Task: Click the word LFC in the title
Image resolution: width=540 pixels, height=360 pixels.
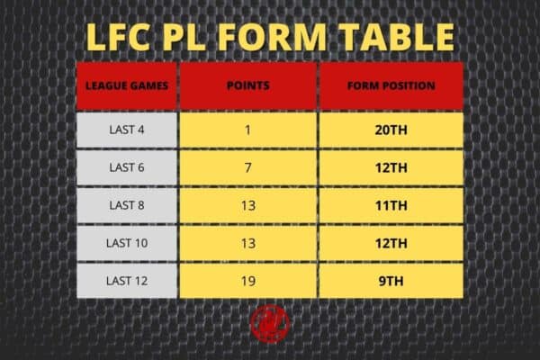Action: coord(119,37)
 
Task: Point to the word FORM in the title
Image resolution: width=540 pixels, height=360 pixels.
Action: coord(272,37)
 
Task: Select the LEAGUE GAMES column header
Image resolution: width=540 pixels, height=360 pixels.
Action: coord(127,85)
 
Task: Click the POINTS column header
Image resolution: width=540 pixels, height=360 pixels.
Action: coord(248,85)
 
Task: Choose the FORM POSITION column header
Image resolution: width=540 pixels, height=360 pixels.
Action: coord(391,85)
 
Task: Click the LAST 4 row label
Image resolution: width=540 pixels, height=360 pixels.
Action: coord(127,130)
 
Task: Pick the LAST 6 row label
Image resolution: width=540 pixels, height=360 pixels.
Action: coord(127,167)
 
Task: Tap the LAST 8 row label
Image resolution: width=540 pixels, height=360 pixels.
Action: coord(127,205)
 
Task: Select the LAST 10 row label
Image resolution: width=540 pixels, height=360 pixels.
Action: coord(127,243)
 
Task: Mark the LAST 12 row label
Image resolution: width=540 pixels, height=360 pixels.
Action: coord(127,281)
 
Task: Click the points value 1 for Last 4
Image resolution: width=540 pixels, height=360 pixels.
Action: coord(248,130)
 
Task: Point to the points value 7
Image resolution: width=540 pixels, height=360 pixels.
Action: coord(248,167)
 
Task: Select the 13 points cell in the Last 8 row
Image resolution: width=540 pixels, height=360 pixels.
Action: coord(248,206)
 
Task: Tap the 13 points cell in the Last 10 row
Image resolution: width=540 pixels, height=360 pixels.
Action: coord(248,244)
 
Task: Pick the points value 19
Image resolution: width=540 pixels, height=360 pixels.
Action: coord(248,281)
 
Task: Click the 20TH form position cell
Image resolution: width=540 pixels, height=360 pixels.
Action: coord(391,130)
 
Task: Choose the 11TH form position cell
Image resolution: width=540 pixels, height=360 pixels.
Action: coord(391,206)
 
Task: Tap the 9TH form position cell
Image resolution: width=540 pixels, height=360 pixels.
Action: coord(391,281)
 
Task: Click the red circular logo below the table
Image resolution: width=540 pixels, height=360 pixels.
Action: coord(270,324)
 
